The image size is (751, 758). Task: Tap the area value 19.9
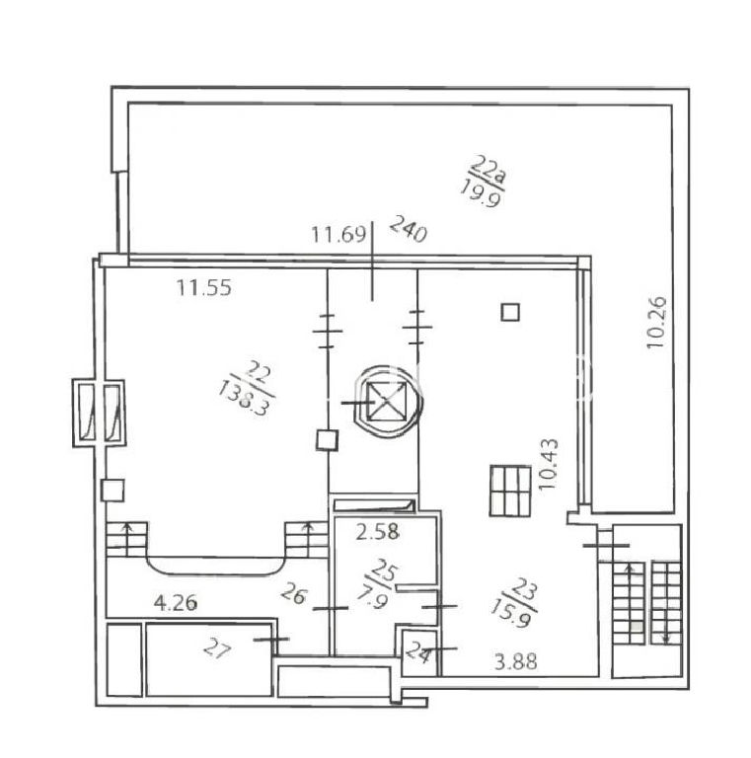pos(481,192)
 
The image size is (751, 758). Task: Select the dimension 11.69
pos(338,235)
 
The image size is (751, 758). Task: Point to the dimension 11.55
pos(203,287)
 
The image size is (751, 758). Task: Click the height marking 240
pos(409,228)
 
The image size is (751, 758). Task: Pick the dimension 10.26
pos(656,322)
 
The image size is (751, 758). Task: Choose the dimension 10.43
pos(549,464)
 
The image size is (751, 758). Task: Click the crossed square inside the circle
pos(385,401)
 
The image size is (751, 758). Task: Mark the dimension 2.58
pos(377,532)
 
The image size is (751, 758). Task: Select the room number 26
pos(294,593)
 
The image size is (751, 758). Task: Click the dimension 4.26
pos(176,603)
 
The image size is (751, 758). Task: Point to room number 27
pos(217,647)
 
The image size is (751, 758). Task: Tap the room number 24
pos(418,652)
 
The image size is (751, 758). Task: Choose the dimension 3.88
pos(516,661)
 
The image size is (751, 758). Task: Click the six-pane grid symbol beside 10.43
pos(510,491)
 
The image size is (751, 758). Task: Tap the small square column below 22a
pos(510,312)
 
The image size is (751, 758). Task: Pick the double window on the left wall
pos(99,413)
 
